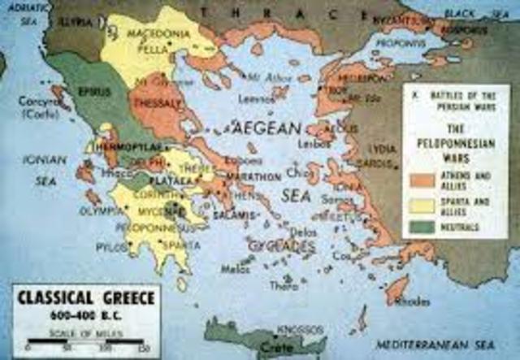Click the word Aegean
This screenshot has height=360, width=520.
click(267, 127)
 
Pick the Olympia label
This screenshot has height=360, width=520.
click(101, 211)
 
